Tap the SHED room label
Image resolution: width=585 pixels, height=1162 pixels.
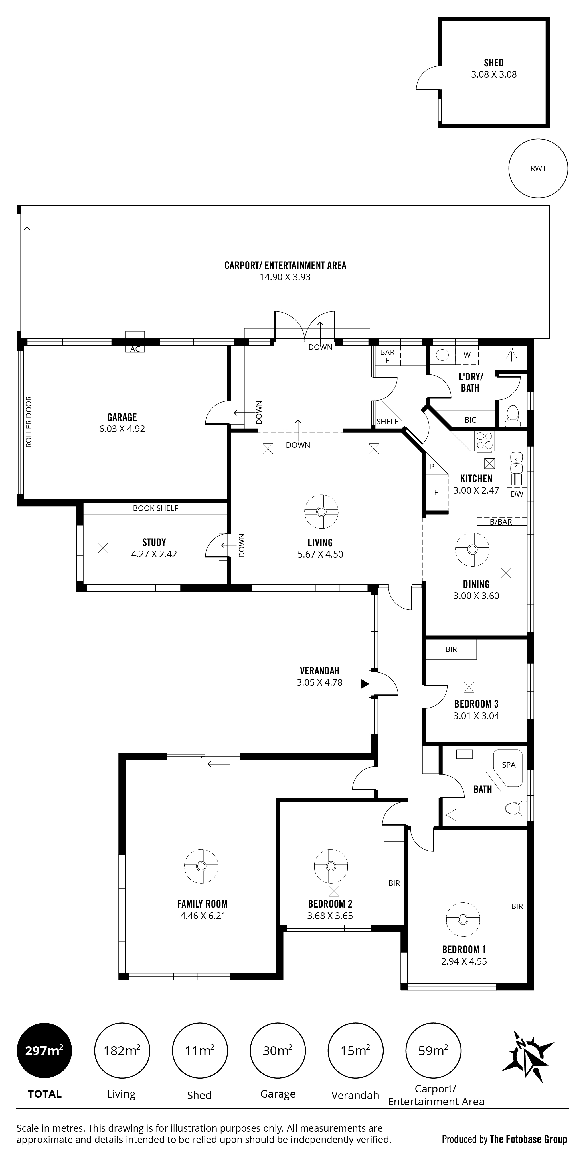[493, 63]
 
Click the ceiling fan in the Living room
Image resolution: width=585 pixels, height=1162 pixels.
[321, 512]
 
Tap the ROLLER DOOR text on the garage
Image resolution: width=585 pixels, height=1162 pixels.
[29, 422]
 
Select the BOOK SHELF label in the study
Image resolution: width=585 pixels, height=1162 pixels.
[155, 508]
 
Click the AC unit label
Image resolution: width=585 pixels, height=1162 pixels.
[135, 349]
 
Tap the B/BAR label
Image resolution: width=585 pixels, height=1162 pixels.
[501, 522]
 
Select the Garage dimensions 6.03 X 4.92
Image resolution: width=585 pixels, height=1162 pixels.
[122, 429]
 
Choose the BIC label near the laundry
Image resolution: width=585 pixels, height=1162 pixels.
[470, 420]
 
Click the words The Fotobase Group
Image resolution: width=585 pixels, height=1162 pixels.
[528, 1139]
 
